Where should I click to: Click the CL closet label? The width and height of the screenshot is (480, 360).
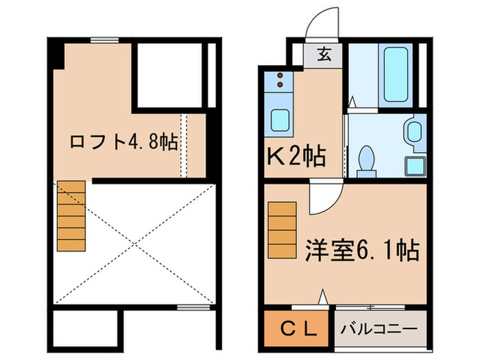(x=299, y=328)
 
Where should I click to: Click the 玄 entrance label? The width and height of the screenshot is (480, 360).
(x=325, y=56)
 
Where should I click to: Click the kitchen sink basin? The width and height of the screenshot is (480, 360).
(x=280, y=121)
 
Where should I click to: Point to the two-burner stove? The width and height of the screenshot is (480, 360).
(x=280, y=81)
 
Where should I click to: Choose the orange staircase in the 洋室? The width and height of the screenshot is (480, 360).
(x=281, y=232)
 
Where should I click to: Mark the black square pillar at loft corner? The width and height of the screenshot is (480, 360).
(x=56, y=55)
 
